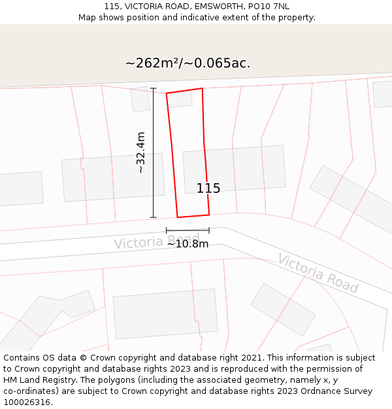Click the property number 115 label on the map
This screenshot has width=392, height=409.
pos(208,188)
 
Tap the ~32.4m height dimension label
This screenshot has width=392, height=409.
pos(140,152)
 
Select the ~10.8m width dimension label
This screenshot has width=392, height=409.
pos(188,244)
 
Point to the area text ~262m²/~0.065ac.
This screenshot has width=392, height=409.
pos(188,63)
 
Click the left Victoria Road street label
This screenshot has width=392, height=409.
pos(156,241)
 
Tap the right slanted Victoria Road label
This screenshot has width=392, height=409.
pos(318,274)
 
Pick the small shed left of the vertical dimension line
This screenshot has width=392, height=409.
pos(140,99)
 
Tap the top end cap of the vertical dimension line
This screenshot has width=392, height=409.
pos(154,88)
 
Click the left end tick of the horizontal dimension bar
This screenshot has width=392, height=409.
pos(167,230)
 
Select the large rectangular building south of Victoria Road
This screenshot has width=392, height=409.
pos(165,317)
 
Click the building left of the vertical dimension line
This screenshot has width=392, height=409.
pos(113,177)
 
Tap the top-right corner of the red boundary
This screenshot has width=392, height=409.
pos(202,88)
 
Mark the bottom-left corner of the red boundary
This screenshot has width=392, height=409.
pos(178,217)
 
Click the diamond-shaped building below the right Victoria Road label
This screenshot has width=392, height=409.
pos(283,309)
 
